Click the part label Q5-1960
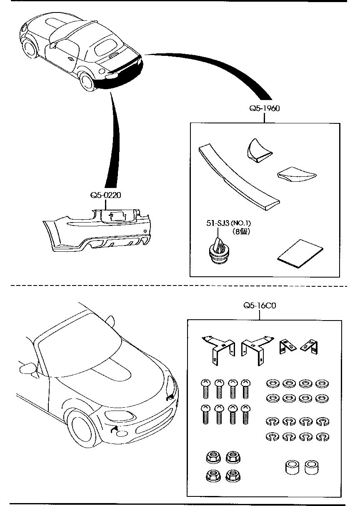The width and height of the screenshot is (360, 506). (264, 108)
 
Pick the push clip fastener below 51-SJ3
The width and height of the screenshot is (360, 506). (218, 252)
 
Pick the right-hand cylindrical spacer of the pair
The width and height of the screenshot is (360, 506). (311, 468)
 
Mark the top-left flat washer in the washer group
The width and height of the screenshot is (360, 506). (271, 382)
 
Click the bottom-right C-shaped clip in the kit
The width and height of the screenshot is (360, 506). (321, 437)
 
